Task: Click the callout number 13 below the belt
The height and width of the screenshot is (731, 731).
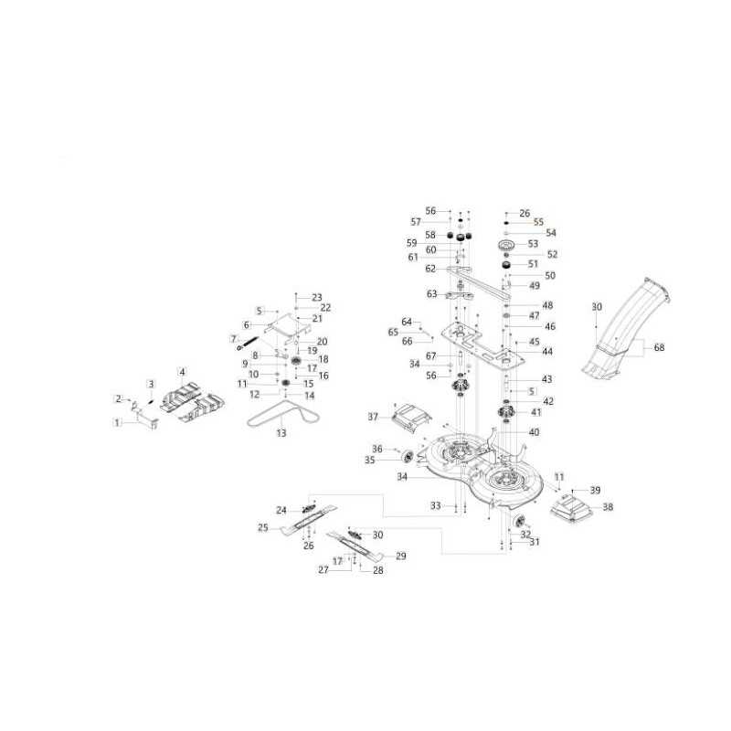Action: pos(281,433)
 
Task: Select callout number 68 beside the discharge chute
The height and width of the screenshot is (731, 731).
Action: pos(659,347)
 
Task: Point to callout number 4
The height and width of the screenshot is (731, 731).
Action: pos(182,372)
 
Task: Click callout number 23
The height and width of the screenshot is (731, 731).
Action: pos(316,298)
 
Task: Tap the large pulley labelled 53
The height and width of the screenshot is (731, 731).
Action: pos(506,245)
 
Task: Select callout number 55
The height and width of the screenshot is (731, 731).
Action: pos(538,222)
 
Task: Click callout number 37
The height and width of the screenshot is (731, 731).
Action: pos(373,417)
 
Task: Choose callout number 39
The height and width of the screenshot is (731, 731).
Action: pos(596,490)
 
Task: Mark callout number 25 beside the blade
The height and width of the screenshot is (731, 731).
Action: pos(263,528)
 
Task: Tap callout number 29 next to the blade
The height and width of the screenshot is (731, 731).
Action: pos(400,556)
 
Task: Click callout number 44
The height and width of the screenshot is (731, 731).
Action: pos(546,351)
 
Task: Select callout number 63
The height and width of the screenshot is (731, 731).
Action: pos(431,293)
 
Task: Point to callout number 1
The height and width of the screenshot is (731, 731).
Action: pos(117,423)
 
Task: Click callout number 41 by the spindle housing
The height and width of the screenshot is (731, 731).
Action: pos(536,412)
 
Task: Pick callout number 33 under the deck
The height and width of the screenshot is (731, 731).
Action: pos(436,505)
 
